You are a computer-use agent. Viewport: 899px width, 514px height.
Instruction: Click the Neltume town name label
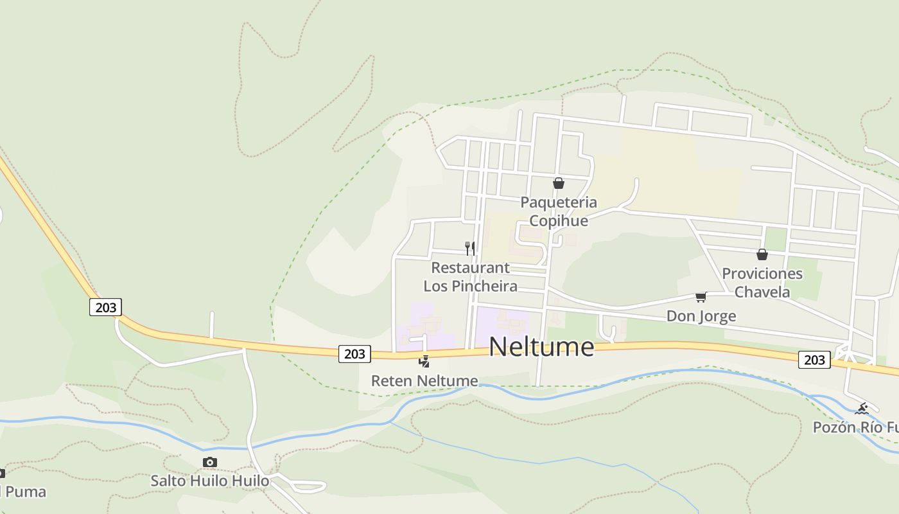pyautogui.click(x=541, y=347)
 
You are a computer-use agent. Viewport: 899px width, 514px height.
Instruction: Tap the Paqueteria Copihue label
pyautogui.click(x=558, y=211)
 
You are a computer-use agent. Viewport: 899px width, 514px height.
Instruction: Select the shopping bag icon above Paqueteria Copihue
pyautogui.click(x=559, y=184)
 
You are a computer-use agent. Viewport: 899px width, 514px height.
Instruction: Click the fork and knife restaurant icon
pyautogui.click(x=470, y=248)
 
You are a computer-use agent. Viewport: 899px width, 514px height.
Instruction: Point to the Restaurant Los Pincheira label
pyautogui.click(x=471, y=277)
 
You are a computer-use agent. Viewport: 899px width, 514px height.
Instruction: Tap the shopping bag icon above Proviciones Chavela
pyautogui.click(x=762, y=254)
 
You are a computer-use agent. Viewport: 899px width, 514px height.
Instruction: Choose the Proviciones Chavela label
pyautogui.click(x=762, y=283)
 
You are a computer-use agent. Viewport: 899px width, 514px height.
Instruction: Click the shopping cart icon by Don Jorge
pyautogui.click(x=701, y=297)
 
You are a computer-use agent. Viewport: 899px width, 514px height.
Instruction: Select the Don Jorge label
pyautogui.click(x=701, y=316)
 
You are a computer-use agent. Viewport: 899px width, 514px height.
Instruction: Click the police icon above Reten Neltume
pyautogui.click(x=424, y=362)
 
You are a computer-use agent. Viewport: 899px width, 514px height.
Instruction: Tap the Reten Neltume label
pyautogui.click(x=424, y=381)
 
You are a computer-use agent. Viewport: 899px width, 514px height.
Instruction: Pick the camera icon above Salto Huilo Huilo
pyautogui.click(x=210, y=462)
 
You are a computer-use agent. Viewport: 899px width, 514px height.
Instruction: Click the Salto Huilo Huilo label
pyautogui.click(x=210, y=481)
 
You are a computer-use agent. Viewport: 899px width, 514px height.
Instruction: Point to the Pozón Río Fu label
pyautogui.click(x=855, y=427)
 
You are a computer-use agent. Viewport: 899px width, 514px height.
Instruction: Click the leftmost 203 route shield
pyautogui.click(x=105, y=307)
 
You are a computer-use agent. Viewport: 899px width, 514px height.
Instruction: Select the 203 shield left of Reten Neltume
pyautogui.click(x=354, y=353)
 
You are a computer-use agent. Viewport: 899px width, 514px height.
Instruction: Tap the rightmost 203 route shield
pyautogui.click(x=814, y=360)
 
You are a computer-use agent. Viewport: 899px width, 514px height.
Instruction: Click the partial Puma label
pyautogui.click(x=24, y=492)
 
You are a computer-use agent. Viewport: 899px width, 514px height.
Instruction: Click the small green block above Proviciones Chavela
pyautogui.click(x=776, y=239)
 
